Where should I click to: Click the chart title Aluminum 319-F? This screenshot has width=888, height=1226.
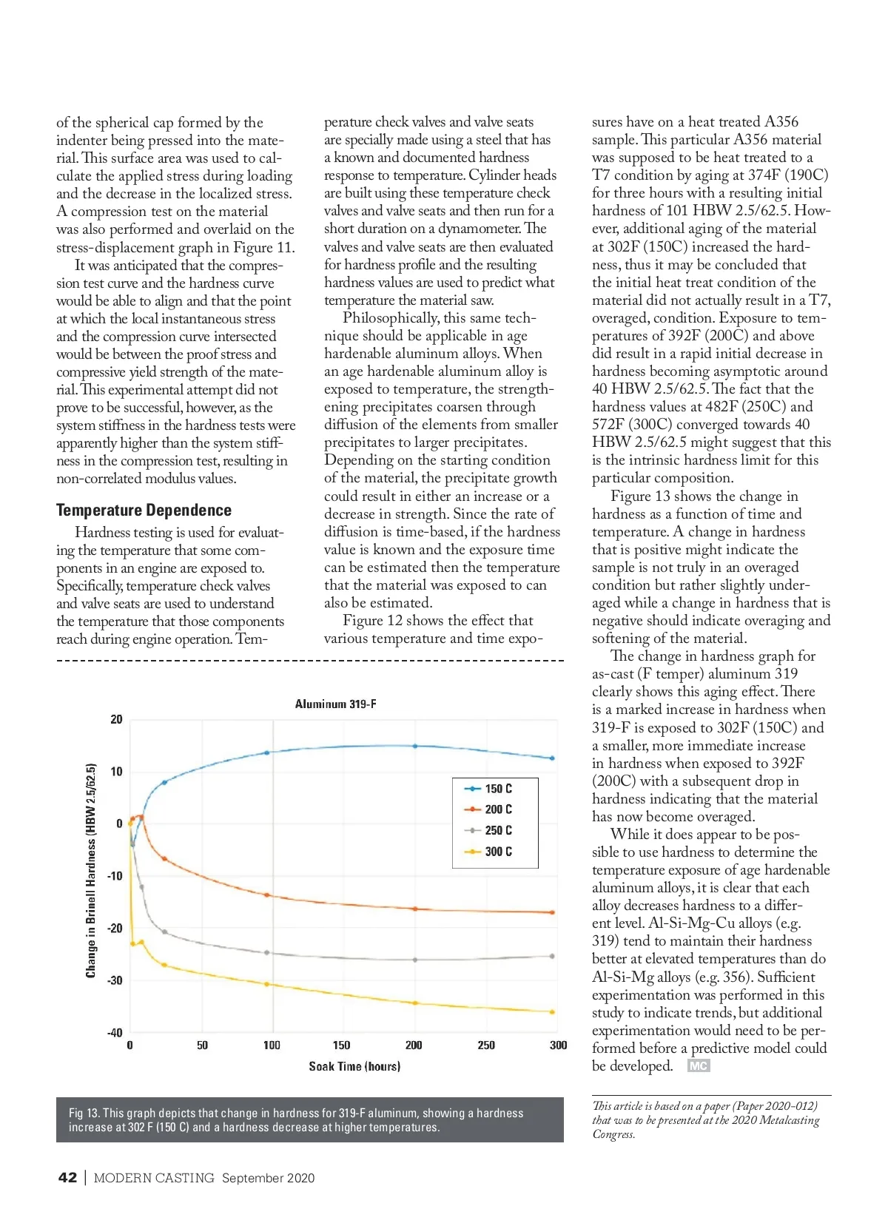[x=335, y=704]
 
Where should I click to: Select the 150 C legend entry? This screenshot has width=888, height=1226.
[x=498, y=789]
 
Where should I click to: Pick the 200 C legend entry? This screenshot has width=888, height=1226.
[x=498, y=809]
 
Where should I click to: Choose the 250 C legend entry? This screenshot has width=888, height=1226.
[x=498, y=830]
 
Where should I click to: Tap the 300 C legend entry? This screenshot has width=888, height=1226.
[x=498, y=852]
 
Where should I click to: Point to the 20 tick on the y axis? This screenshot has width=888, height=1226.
[x=116, y=719]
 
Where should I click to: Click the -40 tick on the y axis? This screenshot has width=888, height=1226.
[x=115, y=1032]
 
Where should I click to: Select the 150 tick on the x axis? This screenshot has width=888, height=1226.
[x=341, y=1045]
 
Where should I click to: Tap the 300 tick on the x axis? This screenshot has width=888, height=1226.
[x=558, y=1045]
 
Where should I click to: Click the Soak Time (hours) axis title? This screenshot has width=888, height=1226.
[x=354, y=1066]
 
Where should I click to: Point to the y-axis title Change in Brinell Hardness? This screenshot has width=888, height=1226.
[x=91, y=870]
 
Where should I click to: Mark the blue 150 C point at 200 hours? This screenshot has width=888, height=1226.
[x=414, y=746]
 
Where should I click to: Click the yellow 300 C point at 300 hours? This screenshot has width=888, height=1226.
[x=552, y=1011]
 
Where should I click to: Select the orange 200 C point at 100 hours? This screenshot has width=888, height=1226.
[x=267, y=895]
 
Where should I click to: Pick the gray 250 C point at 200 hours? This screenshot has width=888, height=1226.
[x=414, y=960]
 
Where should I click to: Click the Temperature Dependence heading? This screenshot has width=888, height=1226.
[x=144, y=510]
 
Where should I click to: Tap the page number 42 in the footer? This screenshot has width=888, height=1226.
[x=67, y=1178]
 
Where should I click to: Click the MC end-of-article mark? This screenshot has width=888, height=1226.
[x=698, y=1065]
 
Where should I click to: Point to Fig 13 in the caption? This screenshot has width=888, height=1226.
[x=84, y=1113]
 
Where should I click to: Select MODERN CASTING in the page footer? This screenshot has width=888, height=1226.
[x=154, y=1178]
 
